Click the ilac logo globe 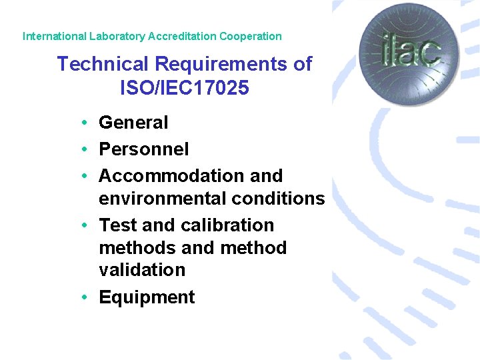click(x=401, y=53)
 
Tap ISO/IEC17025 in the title click(x=185, y=87)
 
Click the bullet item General click(x=133, y=123)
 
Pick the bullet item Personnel click(x=143, y=149)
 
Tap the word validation click(x=142, y=270)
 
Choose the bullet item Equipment click(x=147, y=297)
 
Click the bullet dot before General click(x=87, y=123)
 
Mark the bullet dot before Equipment click(x=87, y=297)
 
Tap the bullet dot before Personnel click(x=87, y=149)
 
